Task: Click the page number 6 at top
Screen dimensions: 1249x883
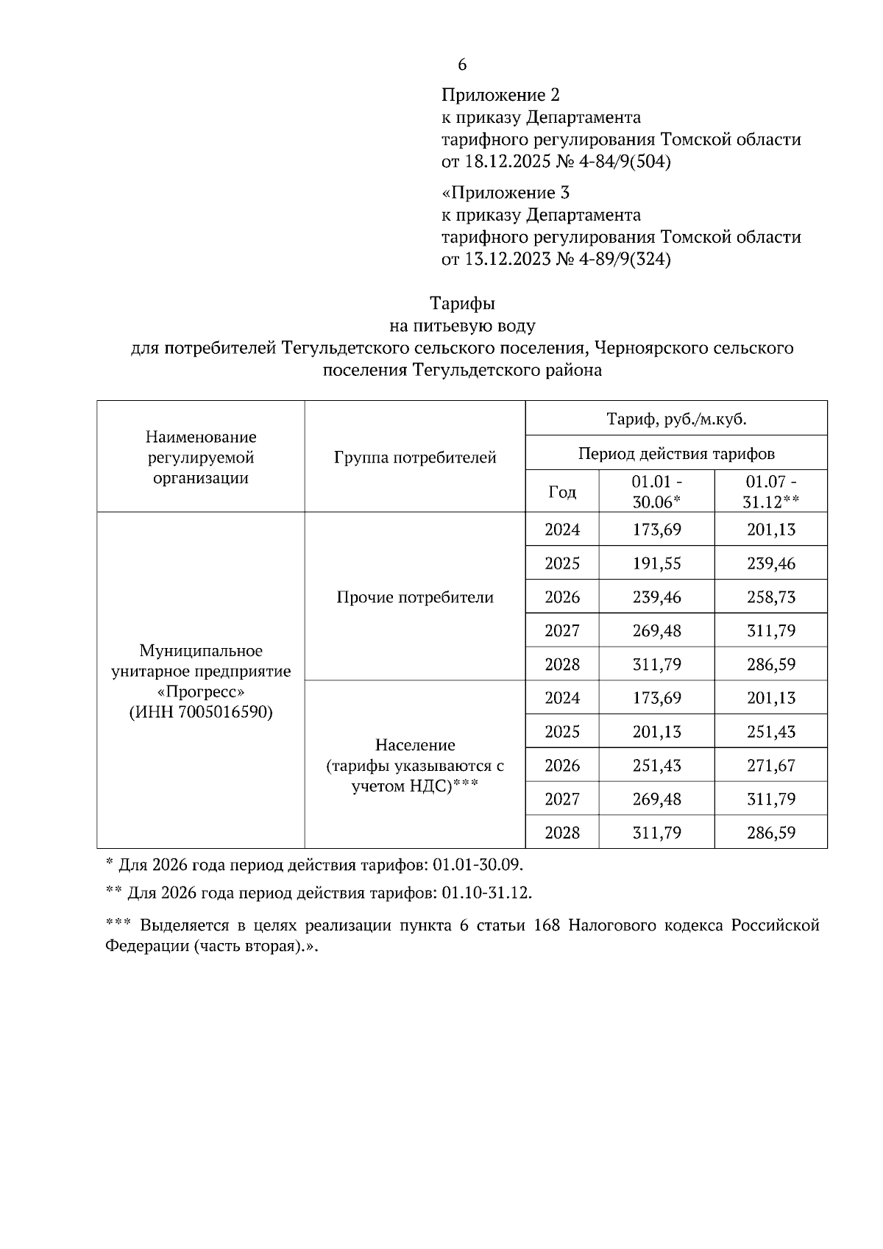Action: (x=462, y=65)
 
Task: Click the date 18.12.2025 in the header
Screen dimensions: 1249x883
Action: (x=504, y=162)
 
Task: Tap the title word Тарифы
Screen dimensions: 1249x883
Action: (x=462, y=303)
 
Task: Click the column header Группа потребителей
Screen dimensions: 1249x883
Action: (x=415, y=458)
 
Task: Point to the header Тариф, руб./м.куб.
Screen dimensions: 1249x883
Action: (x=676, y=419)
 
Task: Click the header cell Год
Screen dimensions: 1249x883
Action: (x=562, y=492)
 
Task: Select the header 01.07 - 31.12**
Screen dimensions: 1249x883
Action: (x=771, y=492)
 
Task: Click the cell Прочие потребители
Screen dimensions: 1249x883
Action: (x=415, y=597)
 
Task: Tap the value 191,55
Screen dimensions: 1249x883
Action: (x=657, y=563)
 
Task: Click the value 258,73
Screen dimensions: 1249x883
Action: (x=771, y=597)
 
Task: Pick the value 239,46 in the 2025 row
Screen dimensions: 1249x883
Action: (x=771, y=563)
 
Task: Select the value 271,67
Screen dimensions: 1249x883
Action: (x=771, y=766)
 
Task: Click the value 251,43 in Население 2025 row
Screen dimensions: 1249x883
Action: (x=771, y=732)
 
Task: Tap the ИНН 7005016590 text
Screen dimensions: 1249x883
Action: (x=201, y=713)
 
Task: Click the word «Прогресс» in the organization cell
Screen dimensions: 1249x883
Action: (x=201, y=692)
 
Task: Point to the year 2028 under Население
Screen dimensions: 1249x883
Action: (x=562, y=833)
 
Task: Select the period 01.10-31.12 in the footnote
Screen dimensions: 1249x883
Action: (x=486, y=894)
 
